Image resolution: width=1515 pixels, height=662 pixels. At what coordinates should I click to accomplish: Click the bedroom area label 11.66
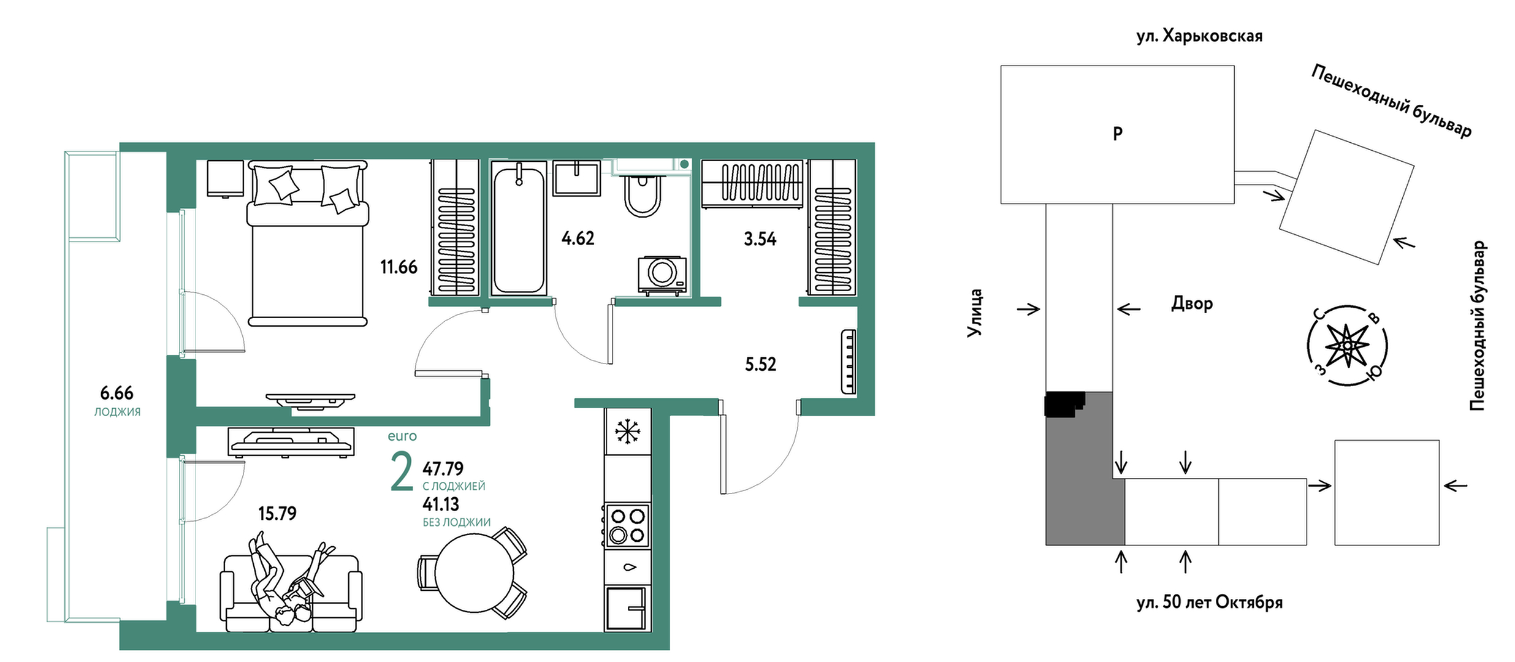399,267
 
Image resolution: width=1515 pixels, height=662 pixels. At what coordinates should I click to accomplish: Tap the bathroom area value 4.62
578,238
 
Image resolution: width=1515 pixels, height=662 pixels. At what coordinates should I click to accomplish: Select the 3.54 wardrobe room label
760,239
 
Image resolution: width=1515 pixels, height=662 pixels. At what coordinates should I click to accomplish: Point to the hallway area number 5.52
760,365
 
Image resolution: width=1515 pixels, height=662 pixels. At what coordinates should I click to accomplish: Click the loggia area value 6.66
116,393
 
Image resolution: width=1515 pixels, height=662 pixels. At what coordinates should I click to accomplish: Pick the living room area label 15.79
277,514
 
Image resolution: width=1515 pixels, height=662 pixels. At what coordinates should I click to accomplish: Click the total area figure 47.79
443,469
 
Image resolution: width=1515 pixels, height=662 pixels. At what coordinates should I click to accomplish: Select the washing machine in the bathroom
662,275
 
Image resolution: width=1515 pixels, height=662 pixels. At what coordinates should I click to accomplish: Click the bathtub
519,227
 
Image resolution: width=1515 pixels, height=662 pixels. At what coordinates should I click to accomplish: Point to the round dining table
474,574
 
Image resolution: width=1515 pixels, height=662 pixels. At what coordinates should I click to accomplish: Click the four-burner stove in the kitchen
627,525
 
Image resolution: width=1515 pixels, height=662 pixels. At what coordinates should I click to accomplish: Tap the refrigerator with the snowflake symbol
628,432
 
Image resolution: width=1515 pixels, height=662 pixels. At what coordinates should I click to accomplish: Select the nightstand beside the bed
226,178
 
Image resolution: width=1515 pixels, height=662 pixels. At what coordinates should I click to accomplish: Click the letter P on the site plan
1118,134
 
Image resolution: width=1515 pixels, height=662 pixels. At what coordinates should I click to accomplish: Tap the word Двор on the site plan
1192,303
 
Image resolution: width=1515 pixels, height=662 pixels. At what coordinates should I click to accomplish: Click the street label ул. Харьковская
1199,36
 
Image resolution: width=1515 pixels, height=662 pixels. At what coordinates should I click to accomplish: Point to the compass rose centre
1346,346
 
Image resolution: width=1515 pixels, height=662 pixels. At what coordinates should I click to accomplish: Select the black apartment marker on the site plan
1065,405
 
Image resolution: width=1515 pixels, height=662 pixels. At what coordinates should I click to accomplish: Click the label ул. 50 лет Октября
1210,603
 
